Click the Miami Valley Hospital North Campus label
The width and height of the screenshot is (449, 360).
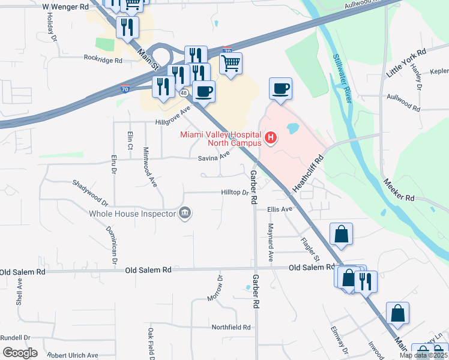pos(221,139)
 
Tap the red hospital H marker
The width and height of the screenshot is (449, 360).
pos(271,139)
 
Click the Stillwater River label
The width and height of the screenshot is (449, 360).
pos(342,79)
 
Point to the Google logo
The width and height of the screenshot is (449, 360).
pos(20,353)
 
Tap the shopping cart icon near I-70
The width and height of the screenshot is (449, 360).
pos(231,63)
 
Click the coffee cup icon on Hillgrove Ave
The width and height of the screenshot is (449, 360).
pos(204,91)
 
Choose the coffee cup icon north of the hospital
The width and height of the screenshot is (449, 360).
pos(280,89)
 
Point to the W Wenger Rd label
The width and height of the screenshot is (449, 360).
pos(66,7)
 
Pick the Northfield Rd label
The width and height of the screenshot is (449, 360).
pos(231,328)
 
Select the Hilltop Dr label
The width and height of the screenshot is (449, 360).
pos(234,193)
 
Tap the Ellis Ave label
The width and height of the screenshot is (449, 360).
pos(279,209)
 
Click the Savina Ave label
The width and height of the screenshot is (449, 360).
pos(214,157)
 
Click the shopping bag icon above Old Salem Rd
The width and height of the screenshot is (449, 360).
pos(341,235)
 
